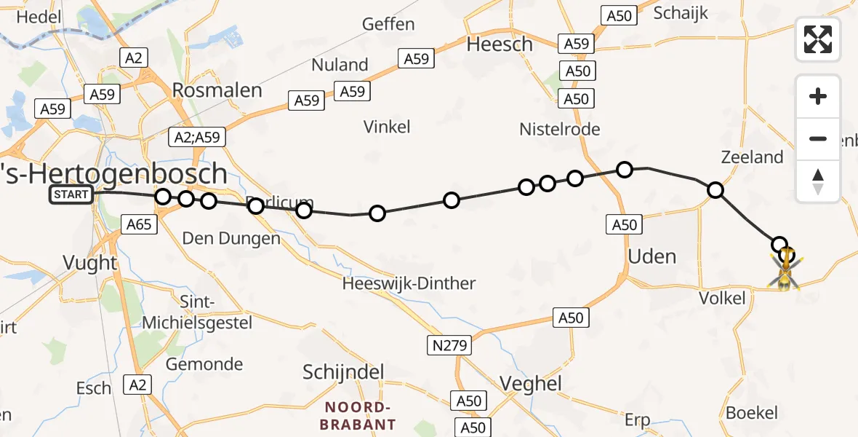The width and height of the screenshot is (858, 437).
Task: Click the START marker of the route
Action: pyautogui.click(x=71, y=194)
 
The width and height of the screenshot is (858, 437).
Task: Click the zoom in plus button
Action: pyautogui.click(x=818, y=96)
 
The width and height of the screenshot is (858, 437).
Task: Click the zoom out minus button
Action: pyautogui.click(x=818, y=138)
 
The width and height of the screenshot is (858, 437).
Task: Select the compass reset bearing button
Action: pyautogui.click(x=818, y=181)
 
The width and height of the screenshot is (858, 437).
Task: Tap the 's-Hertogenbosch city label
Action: pyautogui.click(x=113, y=174)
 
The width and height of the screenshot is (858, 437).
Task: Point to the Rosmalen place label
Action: pyautogui.click(x=217, y=90)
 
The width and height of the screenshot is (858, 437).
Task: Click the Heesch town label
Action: pyautogui.click(x=500, y=44)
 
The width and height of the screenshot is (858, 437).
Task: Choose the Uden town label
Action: pyautogui.click(x=652, y=256)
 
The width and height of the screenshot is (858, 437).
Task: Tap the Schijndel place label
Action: pyautogui.click(x=343, y=373)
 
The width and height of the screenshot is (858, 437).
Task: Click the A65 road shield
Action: pyautogui.click(x=138, y=224)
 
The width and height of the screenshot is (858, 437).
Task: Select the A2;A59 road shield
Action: pyautogui.click(x=197, y=136)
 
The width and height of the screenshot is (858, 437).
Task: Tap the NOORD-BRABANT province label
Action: pyautogui.click(x=360, y=416)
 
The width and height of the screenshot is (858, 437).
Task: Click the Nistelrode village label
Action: pyautogui.click(x=559, y=130)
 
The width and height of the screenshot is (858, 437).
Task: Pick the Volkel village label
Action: pyautogui.click(x=721, y=298)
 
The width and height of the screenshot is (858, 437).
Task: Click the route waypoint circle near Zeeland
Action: pyautogui.click(x=715, y=190)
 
